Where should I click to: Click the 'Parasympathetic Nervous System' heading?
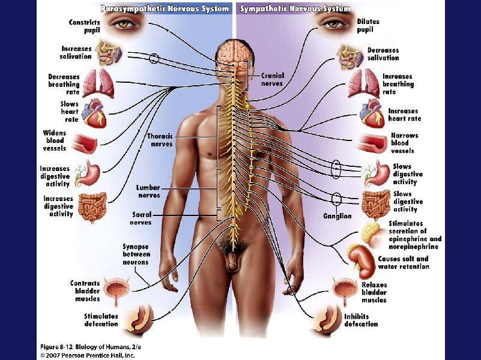point(165,9)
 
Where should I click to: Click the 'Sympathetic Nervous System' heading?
point(295,9)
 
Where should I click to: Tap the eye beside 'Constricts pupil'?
point(125,25)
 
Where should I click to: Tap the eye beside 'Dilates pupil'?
point(331,24)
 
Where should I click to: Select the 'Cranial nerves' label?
point(272,80)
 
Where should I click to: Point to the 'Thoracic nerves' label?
point(160,140)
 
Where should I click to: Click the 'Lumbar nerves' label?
point(148,191)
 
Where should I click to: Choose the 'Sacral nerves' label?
point(142,218)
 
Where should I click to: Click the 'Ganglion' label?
point(337,216)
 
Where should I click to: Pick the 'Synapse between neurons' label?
point(136,254)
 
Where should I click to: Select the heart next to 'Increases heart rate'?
point(372,113)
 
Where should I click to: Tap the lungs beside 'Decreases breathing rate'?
point(98,83)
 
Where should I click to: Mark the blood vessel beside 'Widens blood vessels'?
point(86,142)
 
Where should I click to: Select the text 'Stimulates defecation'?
point(101,320)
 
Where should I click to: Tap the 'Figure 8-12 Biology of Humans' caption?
point(90,347)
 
